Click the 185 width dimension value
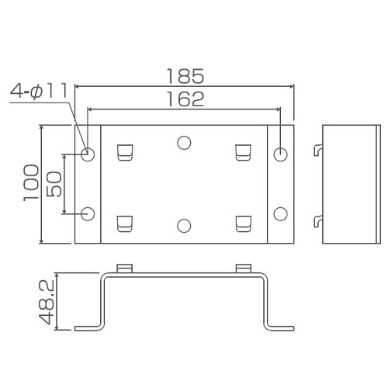tap(185, 76)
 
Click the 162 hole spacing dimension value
tap(185, 99)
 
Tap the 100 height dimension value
tap(32, 183)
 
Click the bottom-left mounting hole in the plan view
tap(88, 213)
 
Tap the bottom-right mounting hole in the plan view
tap(281, 213)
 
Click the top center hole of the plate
tap(184, 142)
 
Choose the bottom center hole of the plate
tap(184, 225)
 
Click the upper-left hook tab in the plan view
tap(125, 152)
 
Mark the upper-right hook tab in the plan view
tap(244, 152)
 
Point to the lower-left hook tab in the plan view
tap(125, 223)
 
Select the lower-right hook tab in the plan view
tap(244, 223)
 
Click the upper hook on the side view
tap(318, 150)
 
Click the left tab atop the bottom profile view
tap(125, 268)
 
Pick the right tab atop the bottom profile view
tap(244, 268)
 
